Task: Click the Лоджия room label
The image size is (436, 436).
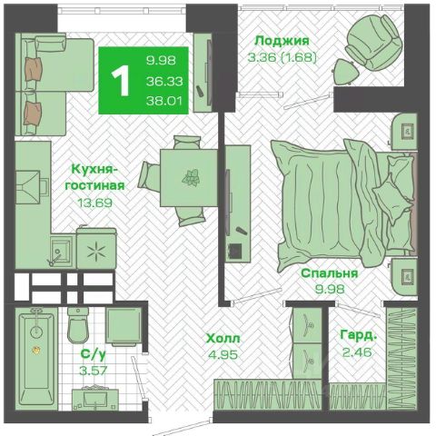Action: (x=282, y=41)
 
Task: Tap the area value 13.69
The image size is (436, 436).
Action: (x=95, y=203)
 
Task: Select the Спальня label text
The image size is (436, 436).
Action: (x=330, y=273)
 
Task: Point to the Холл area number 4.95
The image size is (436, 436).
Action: (x=223, y=354)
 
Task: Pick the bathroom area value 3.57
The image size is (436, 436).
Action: (x=94, y=370)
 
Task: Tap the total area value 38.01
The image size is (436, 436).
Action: (x=164, y=100)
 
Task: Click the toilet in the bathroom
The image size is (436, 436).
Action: (x=78, y=325)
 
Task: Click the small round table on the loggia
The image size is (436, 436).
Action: (x=347, y=71)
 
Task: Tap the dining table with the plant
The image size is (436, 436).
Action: (x=189, y=178)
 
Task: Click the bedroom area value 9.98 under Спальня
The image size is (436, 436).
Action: (x=330, y=289)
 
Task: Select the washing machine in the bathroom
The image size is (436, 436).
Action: (x=124, y=327)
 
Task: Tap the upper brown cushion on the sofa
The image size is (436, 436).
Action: (x=34, y=69)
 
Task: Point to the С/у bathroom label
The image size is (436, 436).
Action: (x=94, y=354)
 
